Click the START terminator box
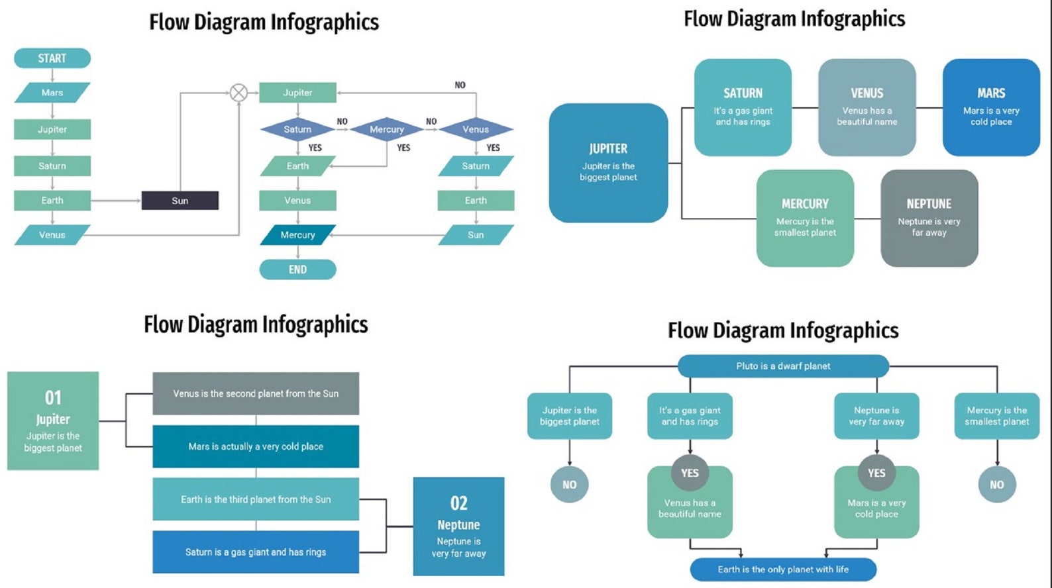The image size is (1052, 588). (52, 58)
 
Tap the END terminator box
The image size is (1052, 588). (297, 269)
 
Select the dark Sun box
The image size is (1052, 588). (180, 201)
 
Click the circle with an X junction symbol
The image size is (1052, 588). (238, 93)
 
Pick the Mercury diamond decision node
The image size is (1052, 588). (386, 130)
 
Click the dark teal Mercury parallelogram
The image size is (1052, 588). (297, 235)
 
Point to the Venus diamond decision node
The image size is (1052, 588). (476, 130)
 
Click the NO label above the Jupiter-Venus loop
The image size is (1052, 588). (460, 85)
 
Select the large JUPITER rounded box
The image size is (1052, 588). (608, 163)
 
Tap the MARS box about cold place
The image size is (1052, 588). (991, 107)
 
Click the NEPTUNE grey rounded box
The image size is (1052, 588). (929, 218)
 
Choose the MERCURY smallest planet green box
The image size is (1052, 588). (805, 218)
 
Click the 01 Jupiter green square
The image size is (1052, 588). (53, 420)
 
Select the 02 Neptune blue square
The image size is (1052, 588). (458, 526)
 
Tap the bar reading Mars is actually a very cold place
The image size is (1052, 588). (256, 446)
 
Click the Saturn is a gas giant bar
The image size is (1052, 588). (256, 552)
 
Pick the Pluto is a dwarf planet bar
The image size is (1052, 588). (783, 366)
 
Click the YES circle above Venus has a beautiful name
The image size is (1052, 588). (690, 473)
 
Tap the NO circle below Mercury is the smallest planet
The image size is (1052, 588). (996, 485)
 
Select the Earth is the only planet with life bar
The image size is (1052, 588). (783, 569)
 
